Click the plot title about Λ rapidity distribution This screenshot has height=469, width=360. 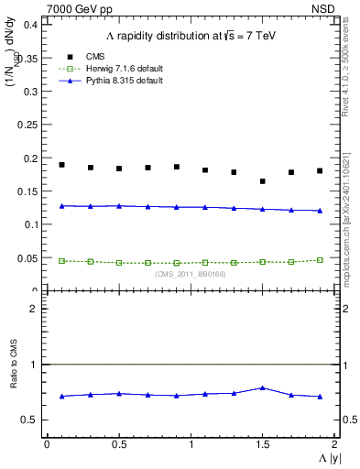point(191,36)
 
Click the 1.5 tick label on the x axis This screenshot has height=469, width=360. point(263,443)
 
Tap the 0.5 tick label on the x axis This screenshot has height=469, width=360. point(119,443)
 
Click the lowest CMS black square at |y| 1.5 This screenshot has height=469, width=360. point(262,181)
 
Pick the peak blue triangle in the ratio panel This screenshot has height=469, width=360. point(262,387)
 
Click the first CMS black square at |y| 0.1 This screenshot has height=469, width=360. point(61,165)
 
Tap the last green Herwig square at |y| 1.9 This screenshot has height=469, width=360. point(320,260)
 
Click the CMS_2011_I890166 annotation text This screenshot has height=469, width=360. point(191,274)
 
